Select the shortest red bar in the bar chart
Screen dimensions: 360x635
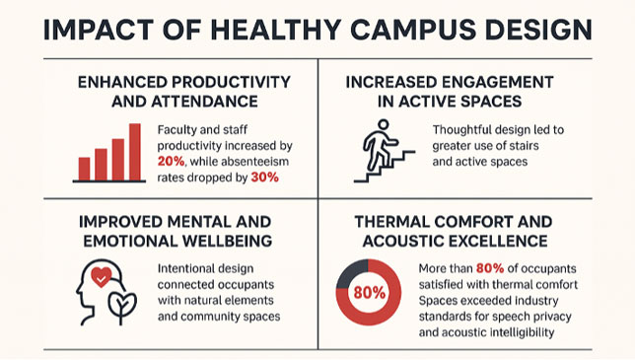tap(84, 169)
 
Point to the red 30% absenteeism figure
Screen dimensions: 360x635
tap(264, 178)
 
